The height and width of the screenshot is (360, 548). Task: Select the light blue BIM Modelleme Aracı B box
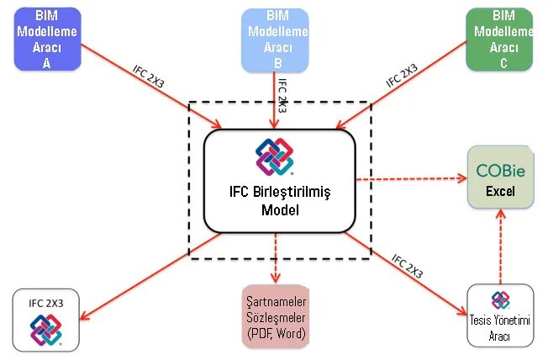click(274, 38)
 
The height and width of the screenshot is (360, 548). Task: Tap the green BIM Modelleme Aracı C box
click(500, 38)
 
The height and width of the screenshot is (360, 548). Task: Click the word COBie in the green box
click(500, 171)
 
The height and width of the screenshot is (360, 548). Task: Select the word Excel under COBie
click(500, 192)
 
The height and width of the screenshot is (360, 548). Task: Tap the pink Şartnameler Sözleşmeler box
click(276, 317)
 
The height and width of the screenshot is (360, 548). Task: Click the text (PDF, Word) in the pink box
click(276, 334)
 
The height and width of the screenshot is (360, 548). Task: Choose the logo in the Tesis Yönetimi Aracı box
click(500, 299)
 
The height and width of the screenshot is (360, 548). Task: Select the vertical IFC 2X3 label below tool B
click(282, 97)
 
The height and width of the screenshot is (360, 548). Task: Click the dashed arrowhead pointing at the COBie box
click(461, 178)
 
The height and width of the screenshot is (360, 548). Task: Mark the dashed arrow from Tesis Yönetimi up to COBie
click(500, 248)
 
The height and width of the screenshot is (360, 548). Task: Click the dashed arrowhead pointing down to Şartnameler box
click(275, 277)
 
